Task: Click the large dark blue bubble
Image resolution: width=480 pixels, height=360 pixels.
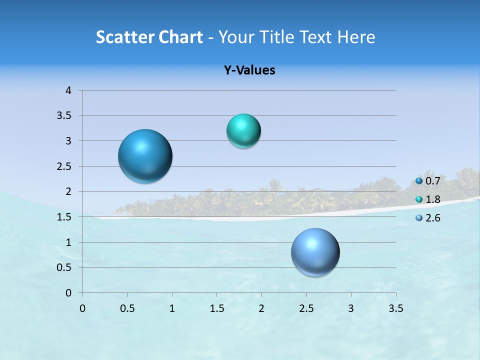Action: click(x=145, y=156)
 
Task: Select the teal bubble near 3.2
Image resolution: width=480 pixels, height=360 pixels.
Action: click(x=243, y=131)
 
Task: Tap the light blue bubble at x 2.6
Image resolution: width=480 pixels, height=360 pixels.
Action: click(x=315, y=252)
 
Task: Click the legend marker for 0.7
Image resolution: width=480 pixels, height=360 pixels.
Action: click(x=419, y=181)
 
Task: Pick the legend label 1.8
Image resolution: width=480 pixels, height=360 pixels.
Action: click(x=433, y=199)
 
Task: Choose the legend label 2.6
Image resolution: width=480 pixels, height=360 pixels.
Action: click(x=433, y=218)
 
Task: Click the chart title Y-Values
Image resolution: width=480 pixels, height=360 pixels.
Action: click(x=249, y=70)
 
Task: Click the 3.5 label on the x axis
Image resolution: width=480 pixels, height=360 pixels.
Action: click(x=396, y=308)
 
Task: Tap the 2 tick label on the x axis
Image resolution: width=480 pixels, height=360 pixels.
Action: click(x=261, y=308)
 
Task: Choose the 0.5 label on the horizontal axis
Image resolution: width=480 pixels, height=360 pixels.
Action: click(x=127, y=308)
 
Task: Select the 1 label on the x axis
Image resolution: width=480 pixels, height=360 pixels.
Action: click(x=172, y=308)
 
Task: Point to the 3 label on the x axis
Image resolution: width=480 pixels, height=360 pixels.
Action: click(x=351, y=308)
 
